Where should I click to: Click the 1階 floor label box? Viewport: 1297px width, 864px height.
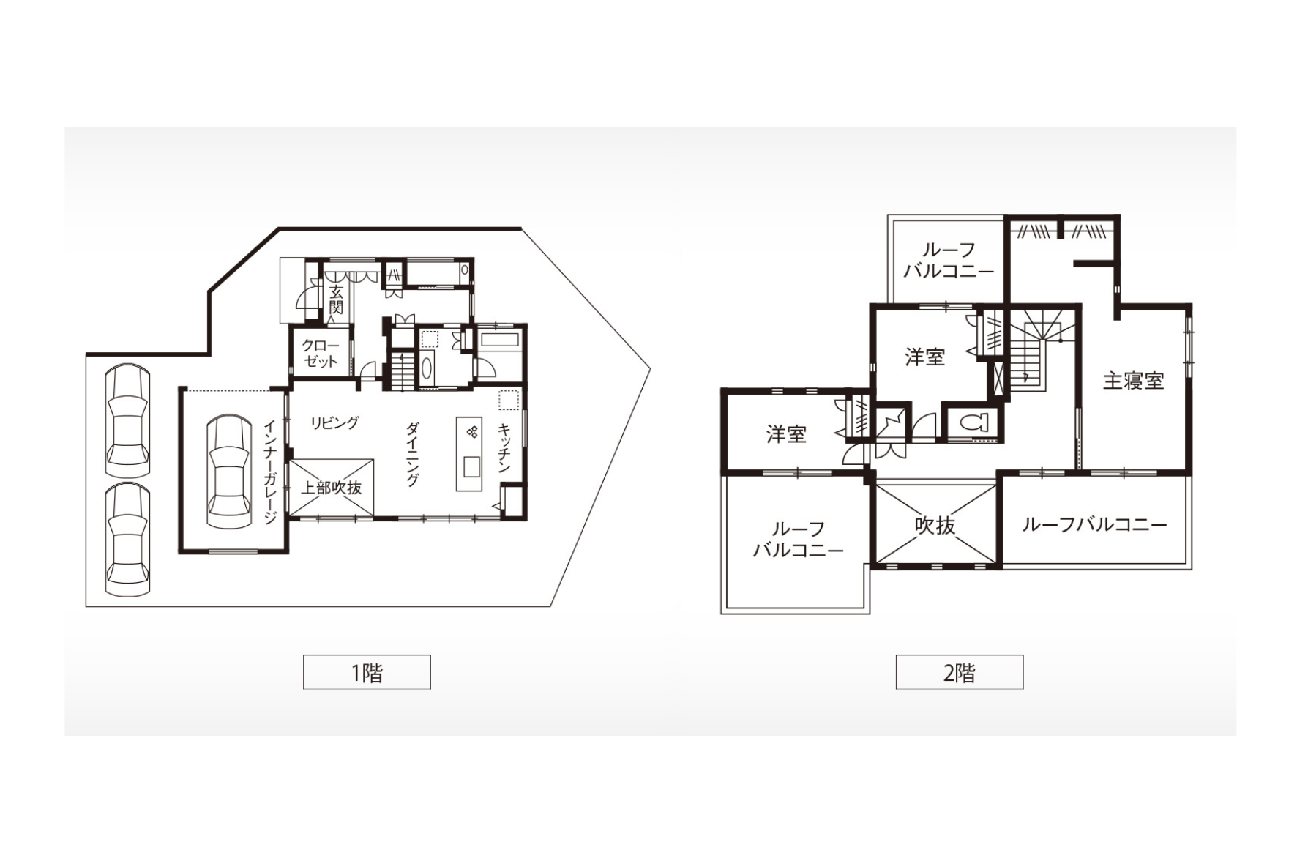point(367,672)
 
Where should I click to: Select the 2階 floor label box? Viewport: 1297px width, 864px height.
point(959,672)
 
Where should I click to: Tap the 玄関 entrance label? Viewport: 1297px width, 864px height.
point(336,299)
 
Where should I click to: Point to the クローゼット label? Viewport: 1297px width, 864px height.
point(321,353)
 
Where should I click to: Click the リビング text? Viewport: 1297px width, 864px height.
point(334,422)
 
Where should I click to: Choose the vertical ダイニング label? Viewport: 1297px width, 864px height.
point(413,454)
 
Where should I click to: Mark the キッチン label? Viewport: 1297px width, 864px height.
point(504,448)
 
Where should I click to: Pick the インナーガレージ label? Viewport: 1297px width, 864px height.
point(270,472)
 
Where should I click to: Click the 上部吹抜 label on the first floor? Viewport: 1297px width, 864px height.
point(332,488)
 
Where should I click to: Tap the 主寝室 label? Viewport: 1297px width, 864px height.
point(1133,381)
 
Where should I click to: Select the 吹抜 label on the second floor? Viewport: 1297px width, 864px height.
point(935,525)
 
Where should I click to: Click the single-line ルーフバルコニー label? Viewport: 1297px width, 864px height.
point(1094,524)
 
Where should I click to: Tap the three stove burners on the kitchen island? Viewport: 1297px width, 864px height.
point(472,432)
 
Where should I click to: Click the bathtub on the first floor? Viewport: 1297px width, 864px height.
point(500,340)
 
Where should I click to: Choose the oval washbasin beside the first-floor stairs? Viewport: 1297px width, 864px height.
point(427,367)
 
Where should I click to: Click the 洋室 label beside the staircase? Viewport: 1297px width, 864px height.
point(924,357)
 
